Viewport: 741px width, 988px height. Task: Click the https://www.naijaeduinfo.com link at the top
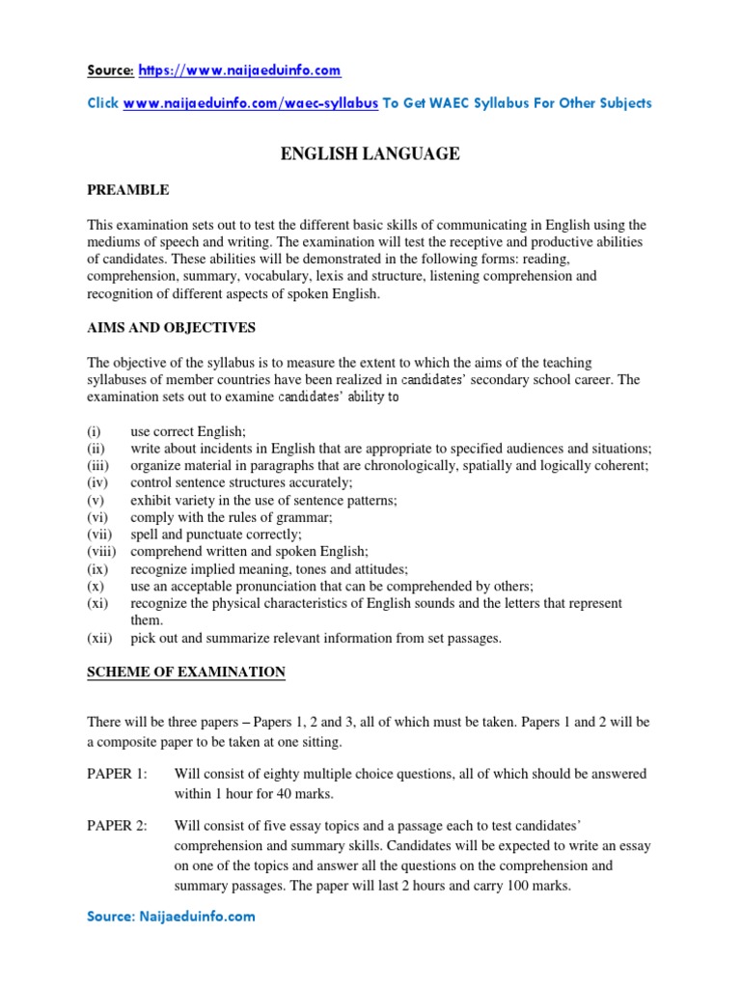(239, 71)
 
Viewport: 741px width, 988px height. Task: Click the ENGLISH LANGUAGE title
(370, 153)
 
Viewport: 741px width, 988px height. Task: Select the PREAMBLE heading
(128, 190)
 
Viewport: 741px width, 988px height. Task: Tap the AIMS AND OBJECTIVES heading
(171, 328)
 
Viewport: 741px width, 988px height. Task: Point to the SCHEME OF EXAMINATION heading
(186, 672)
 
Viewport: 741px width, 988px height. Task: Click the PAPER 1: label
(116, 774)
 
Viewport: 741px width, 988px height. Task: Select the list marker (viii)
(99, 552)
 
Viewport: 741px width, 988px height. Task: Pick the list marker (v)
(96, 500)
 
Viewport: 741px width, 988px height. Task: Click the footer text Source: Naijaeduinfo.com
(171, 917)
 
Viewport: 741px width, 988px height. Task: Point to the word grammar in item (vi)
(306, 517)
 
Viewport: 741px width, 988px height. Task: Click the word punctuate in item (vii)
(217, 535)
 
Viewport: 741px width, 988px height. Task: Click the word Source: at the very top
(110, 71)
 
